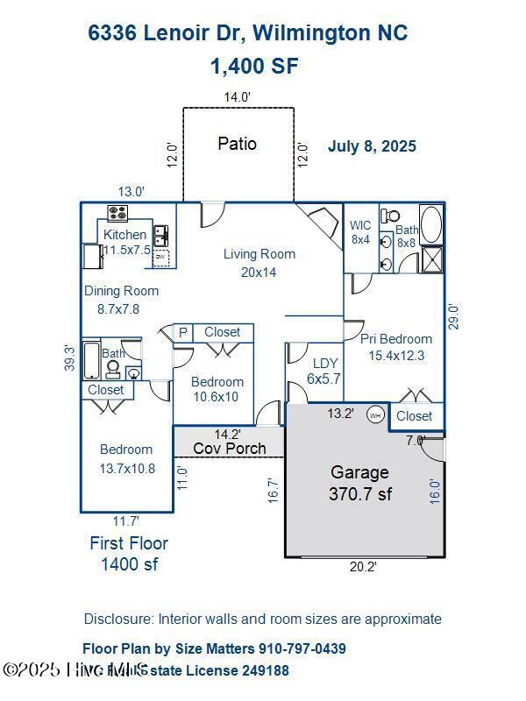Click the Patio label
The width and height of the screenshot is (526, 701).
[x=237, y=143]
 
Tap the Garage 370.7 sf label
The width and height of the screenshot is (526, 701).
[x=359, y=483]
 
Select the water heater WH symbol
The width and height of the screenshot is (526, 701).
[x=375, y=414]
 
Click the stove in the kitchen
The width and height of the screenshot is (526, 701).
[x=117, y=213]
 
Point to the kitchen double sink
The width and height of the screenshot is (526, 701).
[x=161, y=235]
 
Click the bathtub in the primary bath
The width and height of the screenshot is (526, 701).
[x=431, y=224]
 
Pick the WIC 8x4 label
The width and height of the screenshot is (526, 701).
[x=361, y=232]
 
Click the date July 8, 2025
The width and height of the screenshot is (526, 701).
[x=372, y=146]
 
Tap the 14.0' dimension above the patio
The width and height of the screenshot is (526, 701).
[x=237, y=97]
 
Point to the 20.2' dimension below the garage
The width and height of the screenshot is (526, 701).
[x=364, y=567]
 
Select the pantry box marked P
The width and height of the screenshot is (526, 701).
[x=182, y=332]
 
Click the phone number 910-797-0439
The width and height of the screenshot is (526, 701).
[x=302, y=648]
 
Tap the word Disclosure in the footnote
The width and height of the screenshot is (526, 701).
[x=118, y=619]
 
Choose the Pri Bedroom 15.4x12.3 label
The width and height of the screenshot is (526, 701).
[x=396, y=347]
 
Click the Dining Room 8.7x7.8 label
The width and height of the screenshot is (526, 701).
[x=121, y=300]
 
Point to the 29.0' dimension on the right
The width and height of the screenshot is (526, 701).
[x=453, y=315]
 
